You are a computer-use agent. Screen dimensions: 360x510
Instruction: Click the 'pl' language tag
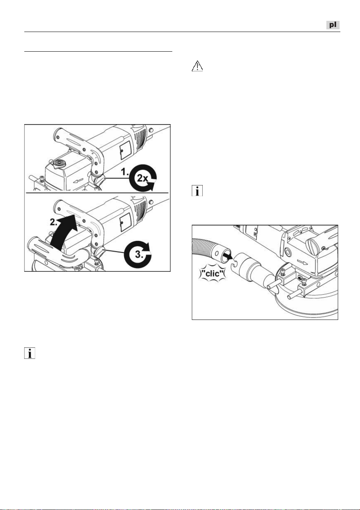point(333,25)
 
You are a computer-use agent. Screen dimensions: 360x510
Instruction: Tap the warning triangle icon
point(197,66)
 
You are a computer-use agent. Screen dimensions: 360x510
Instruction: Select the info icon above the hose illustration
point(197,191)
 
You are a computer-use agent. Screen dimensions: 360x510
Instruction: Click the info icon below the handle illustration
point(30,353)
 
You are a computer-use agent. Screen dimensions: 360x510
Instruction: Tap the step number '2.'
point(54,222)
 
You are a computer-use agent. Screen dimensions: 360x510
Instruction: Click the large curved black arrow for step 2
point(62,232)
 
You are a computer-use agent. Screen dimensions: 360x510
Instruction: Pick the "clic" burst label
point(212,273)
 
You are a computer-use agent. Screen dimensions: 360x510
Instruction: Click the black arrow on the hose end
point(227,255)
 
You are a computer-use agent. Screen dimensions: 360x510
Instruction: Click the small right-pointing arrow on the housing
point(303,263)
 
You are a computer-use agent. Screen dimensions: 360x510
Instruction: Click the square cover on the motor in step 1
point(125,150)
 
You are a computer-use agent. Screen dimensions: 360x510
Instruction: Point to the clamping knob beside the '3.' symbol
point(99,252)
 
